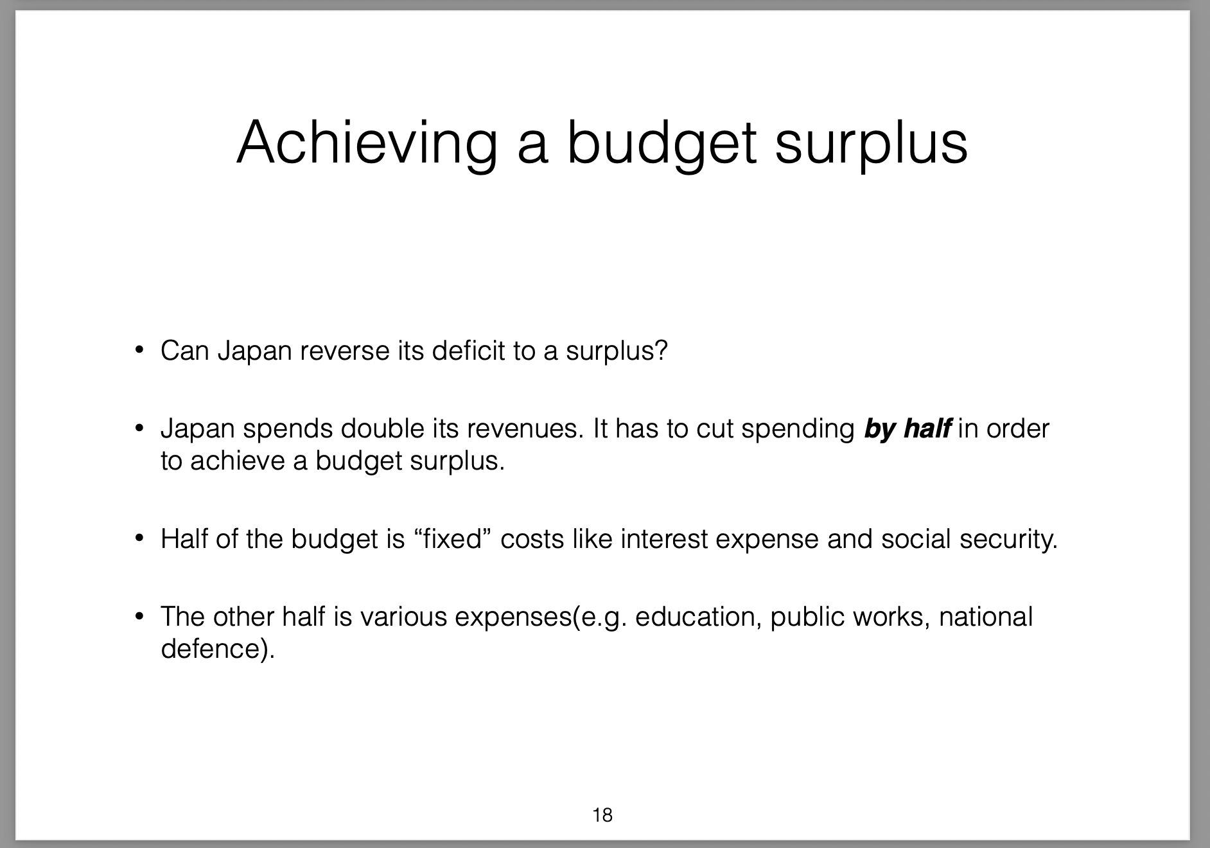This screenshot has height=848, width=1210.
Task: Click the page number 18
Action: (603, 815)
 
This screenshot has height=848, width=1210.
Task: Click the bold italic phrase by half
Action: (907, 428)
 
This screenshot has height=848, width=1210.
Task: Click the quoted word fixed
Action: (453, 539)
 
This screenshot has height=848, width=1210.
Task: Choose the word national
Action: (986, 617)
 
